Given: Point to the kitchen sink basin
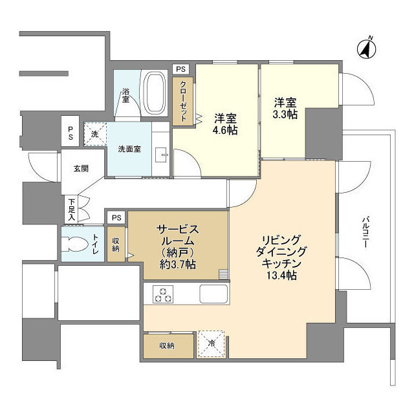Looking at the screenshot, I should (212, 294).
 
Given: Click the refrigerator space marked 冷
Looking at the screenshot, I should (211, 344).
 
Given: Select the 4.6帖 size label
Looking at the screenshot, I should (224, 131).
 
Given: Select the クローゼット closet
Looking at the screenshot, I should (183, 102).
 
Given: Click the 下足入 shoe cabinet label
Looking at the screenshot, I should (72, 209).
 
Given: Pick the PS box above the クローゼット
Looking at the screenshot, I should (180, 69).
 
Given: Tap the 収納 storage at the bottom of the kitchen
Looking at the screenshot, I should (168, 345).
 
